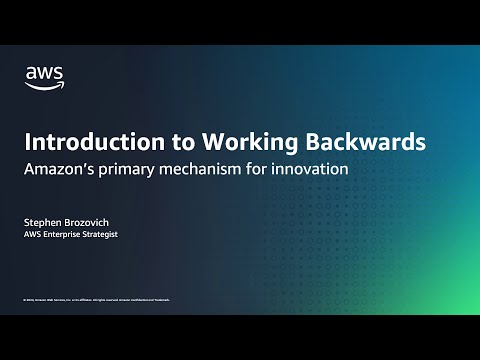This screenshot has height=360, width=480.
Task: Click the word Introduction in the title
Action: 82,142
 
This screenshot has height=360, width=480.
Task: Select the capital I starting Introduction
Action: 27,142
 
